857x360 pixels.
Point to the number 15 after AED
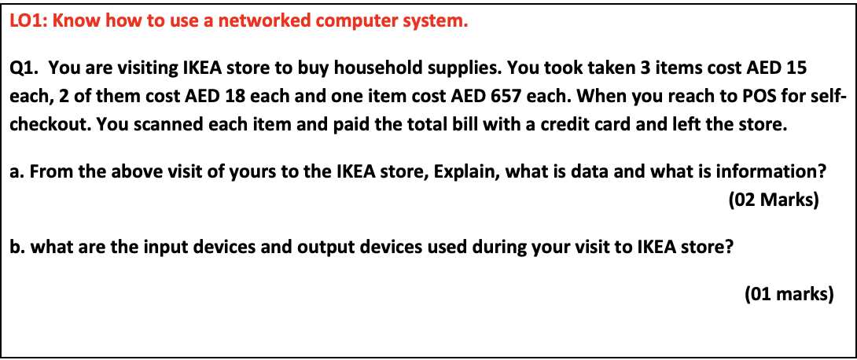pos(796,68)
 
